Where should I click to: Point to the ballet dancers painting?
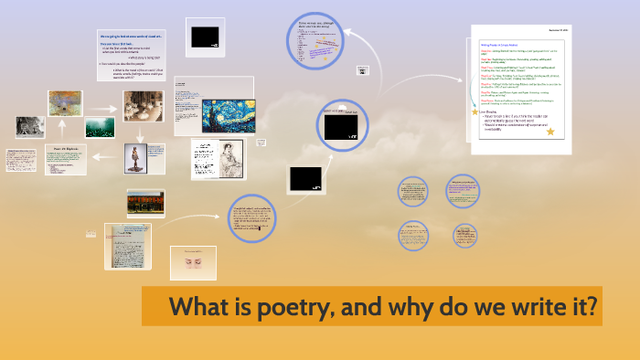pyautogui.click(x=144, y=106)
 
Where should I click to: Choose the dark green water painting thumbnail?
pyautogui.click(x=100, y=127)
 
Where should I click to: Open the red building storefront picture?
pyautogui.click(x=145, y=202)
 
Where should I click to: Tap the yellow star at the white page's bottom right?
pyautogui.click(x=550, y=132)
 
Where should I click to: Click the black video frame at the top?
pyautogui.click(x=203, y=37)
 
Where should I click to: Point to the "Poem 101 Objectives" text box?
pyautogui.click(x=66, y=159)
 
